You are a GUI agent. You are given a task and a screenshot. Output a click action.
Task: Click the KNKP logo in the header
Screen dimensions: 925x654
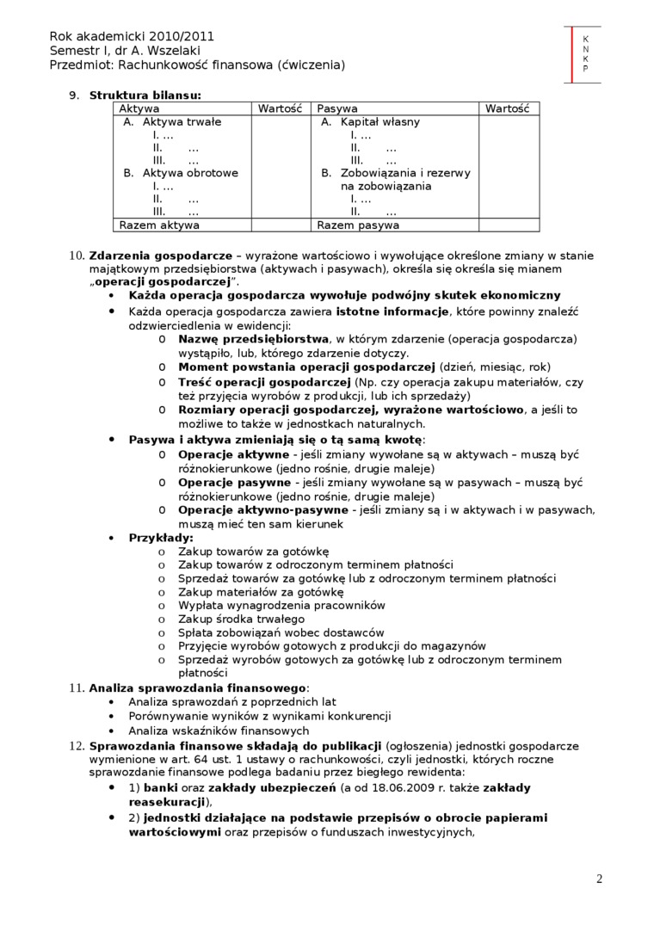pyautogui.click(x=585, y=53)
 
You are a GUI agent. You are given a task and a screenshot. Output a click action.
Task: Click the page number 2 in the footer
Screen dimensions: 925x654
pyautogui.click(x=599, y=879)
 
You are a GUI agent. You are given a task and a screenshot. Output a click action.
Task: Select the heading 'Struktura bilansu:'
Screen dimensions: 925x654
pyautogui.click(x=145, y=95)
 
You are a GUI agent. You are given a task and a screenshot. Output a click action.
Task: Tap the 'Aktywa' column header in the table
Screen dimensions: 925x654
pyautogui.click(x=139, y=109)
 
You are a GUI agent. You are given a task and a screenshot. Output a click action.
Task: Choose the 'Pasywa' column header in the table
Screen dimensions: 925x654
pyautogui.click(x=337, y=109)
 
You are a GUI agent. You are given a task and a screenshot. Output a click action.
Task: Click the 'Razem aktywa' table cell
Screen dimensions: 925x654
pyautogui.click(x=159, y=225)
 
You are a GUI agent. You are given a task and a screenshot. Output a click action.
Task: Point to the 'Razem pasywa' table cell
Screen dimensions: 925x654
pyautogui.click(x=358, y=225)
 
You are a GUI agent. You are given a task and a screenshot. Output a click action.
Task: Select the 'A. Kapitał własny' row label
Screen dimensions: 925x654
pyautogui.click(x=371, y=122)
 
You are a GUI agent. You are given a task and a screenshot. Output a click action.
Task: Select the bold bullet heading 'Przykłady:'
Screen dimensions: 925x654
pyautogui.click(x=161, y=538)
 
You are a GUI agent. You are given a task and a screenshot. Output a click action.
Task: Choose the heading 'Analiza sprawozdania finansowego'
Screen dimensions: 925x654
pyautogui.click(x=198, y=688)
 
